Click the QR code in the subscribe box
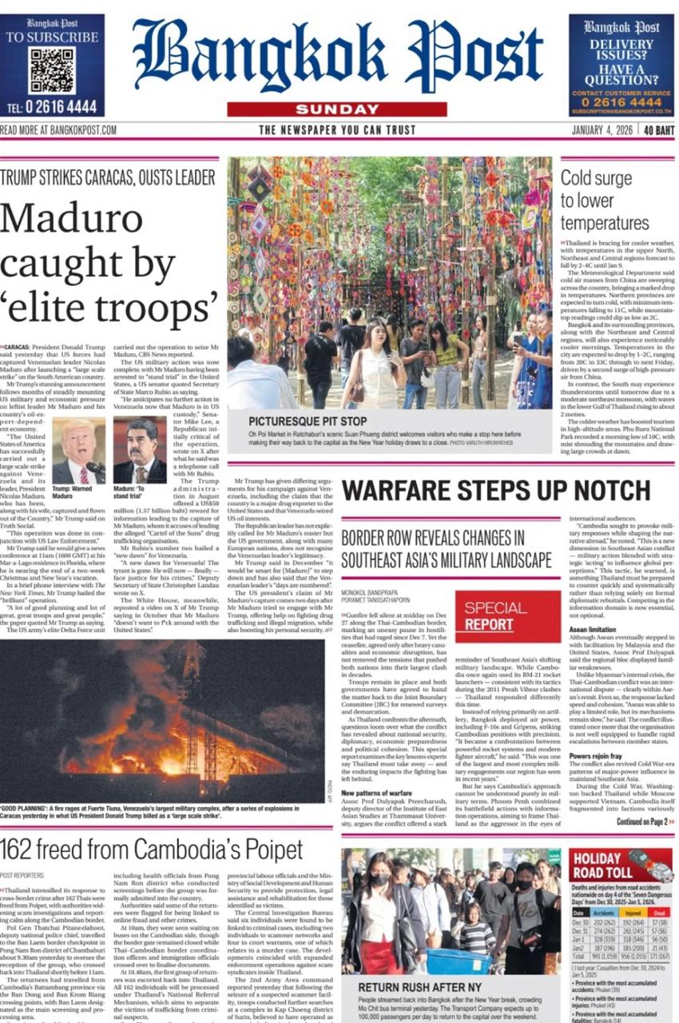(x=51, y=70)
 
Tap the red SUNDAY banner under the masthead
(x=336, y=109)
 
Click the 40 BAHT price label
(x=659, y=130)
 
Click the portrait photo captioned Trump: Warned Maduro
(x=78, y=450)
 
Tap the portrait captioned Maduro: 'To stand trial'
(x=140, y=450)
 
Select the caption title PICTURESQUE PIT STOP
(x=307, y=420)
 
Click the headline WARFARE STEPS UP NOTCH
(x=496, y=490)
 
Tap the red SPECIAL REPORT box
(x=494, y=615)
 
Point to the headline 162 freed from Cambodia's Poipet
(x=151, y=850)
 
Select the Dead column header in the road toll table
(x=658, y=912)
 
